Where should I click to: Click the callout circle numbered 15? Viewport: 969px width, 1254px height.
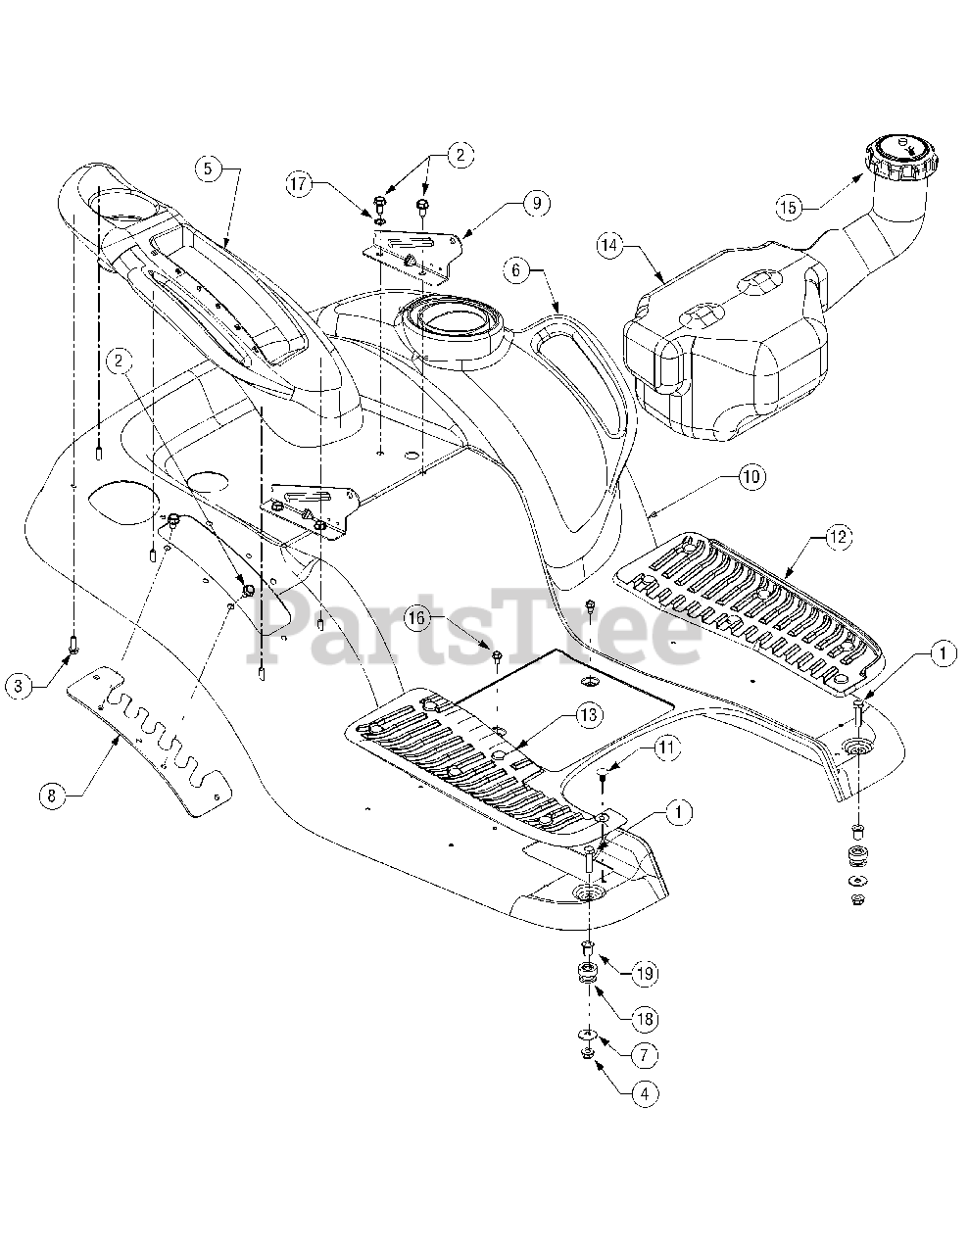[789, 207]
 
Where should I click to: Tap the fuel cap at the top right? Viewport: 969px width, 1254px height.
[900, 157]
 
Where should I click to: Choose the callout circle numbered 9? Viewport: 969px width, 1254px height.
[536, 205]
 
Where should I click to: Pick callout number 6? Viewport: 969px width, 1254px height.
[515, 270]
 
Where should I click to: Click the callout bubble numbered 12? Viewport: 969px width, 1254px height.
[838, 537]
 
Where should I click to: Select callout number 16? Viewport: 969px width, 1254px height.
[417, 618]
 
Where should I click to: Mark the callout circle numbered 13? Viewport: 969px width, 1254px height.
[590, 715]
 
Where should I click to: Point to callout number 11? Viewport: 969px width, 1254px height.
[665, 748]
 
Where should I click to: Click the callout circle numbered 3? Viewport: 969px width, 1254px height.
[19, 685]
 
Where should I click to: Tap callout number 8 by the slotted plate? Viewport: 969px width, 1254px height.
[52, 796]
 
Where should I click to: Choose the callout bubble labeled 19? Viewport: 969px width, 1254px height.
[645, 974]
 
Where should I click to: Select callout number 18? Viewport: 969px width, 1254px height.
[645, 1019]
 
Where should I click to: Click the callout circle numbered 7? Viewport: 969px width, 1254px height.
[645, 1055]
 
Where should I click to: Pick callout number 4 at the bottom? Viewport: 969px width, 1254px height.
[645, 1093]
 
